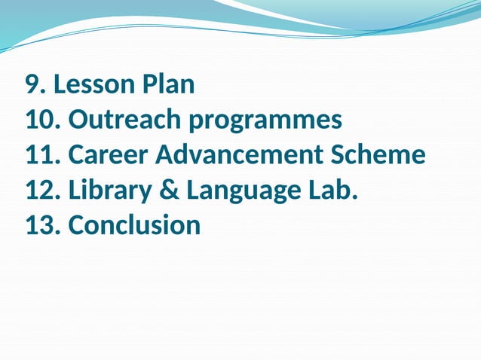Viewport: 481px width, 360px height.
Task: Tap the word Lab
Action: tap(330, 190)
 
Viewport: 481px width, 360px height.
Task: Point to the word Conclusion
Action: tap(134, 224)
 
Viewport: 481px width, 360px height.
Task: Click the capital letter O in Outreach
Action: tap(78, 120)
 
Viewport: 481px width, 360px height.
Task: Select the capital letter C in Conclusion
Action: tap(76, 224)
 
